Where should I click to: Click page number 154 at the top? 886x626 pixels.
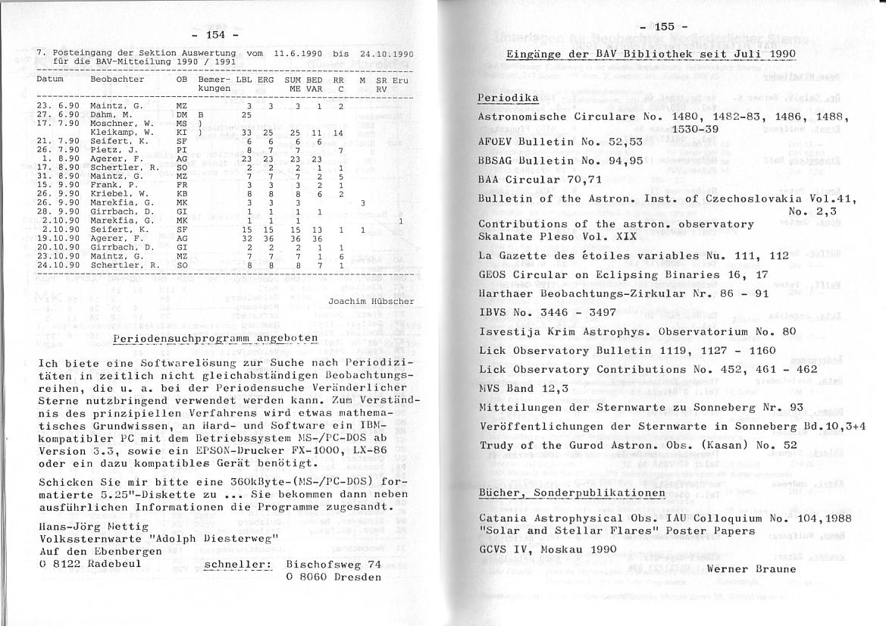[216, 35]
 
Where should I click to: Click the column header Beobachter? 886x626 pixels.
[117, 79]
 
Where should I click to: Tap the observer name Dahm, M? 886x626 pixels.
[111, 114]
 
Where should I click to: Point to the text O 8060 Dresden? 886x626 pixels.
[333, 577]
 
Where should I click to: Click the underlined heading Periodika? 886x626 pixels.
[508, 99]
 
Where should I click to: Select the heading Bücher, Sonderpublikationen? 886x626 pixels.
[571, 493]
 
